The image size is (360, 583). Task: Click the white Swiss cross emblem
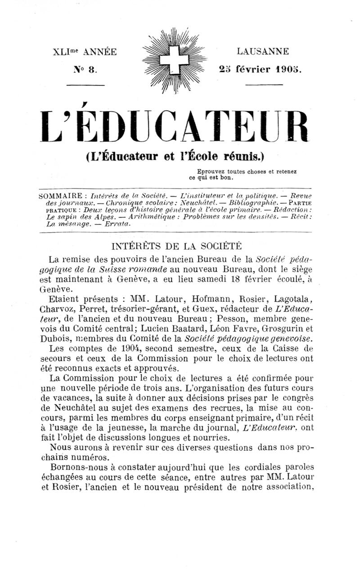(174, 60)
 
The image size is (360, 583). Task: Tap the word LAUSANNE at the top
(263, 52)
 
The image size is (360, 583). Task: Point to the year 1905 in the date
(287, 70)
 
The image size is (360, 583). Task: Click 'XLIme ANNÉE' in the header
(85, 52)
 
